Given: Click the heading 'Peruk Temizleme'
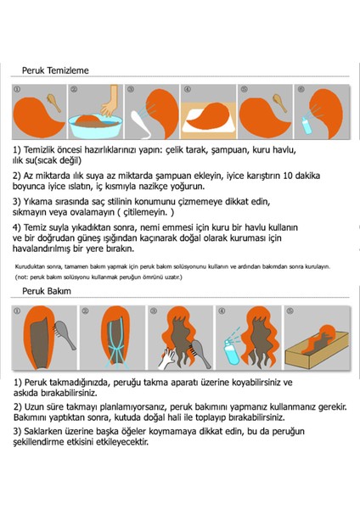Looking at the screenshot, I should pyautogui.click(x=55, y=71).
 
